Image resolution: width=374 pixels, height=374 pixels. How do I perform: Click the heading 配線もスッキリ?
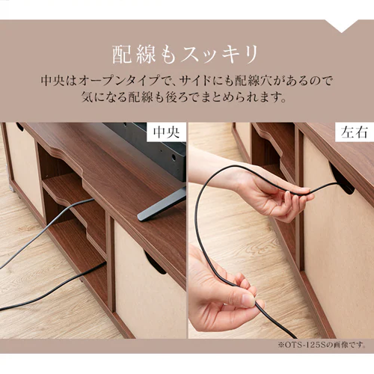[186, 54]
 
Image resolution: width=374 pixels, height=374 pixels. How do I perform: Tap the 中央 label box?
[166, 134]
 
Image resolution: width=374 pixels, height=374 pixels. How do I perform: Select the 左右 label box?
[355, 134]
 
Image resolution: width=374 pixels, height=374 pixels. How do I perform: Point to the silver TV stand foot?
[162, 203]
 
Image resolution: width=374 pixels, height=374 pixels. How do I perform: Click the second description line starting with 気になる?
[186, 98]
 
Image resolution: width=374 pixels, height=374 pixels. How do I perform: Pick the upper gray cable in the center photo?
[45, 232]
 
